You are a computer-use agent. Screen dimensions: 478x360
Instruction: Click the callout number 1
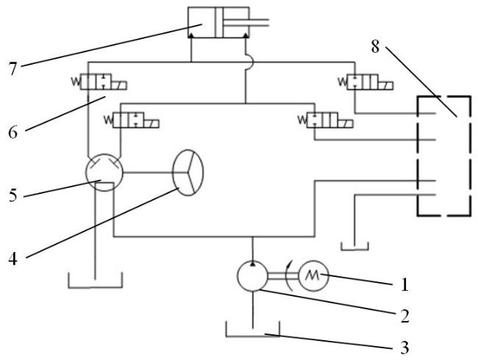coord(404,284)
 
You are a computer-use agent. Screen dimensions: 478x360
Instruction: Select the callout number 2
coord(405,316)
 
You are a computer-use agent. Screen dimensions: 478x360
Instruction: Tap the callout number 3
coord(404,348)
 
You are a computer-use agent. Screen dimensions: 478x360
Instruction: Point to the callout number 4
coord(13,259)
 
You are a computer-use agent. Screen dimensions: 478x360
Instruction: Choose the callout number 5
coord(13,195)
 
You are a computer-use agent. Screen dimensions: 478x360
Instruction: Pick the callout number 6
coord(13,132)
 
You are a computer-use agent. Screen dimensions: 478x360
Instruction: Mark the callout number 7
coord(13,69)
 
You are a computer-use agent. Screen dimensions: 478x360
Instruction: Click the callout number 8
coord(375,46)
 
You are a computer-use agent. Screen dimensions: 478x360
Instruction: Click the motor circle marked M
coord(313,276)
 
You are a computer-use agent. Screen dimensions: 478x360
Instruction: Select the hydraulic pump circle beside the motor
coord(252,276)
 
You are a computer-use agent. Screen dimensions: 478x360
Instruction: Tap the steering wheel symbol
coord(188,173)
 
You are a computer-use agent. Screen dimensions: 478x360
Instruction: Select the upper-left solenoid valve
coord(99,82)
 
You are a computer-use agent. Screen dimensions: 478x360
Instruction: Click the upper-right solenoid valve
coord(365,82)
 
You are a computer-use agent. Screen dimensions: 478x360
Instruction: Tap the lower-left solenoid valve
coord(132,120)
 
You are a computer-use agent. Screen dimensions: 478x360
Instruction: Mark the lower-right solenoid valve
coord(326,120)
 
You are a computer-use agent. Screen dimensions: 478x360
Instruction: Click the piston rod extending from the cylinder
coord(246,23)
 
